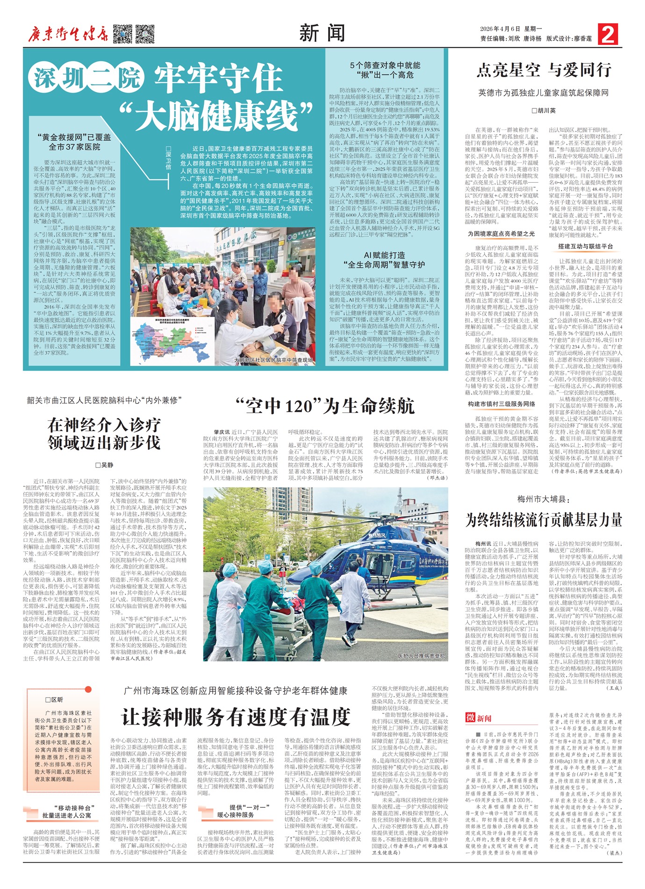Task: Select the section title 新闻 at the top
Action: click(x=322, y=34)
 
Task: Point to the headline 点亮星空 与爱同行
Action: click(x=544, y=70)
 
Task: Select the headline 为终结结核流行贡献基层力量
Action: click(x=544, y=519)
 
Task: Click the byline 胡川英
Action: click(x=544, y=111)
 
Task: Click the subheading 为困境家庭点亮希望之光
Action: click(x=501, y=234)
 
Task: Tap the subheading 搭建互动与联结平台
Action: click(x=585, y=246)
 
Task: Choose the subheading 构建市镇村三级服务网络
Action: click(x=501, y=404)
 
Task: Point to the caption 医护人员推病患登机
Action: click(x=421, y=656)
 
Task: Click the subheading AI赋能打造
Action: click(x=384, y=255)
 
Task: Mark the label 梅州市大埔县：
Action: click(x=544, y=499)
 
